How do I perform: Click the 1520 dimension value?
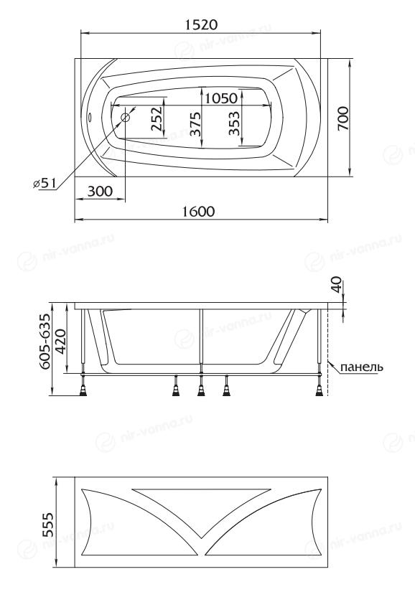click(x=202, y=25)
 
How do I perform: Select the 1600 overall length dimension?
click(x=199, y=212)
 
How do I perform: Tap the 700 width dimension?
click(x=343, y=118)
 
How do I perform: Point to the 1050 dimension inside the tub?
click(x=221, y=98)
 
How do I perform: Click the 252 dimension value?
click(x=157, y=118)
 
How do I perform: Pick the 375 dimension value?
click(x=195, y=124)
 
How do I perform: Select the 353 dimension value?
click(x=234, y=123)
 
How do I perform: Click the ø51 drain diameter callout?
click(x=45, y=184)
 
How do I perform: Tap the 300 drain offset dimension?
click(x=100, y=192)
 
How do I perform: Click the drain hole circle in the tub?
click(x=126, y=118)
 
